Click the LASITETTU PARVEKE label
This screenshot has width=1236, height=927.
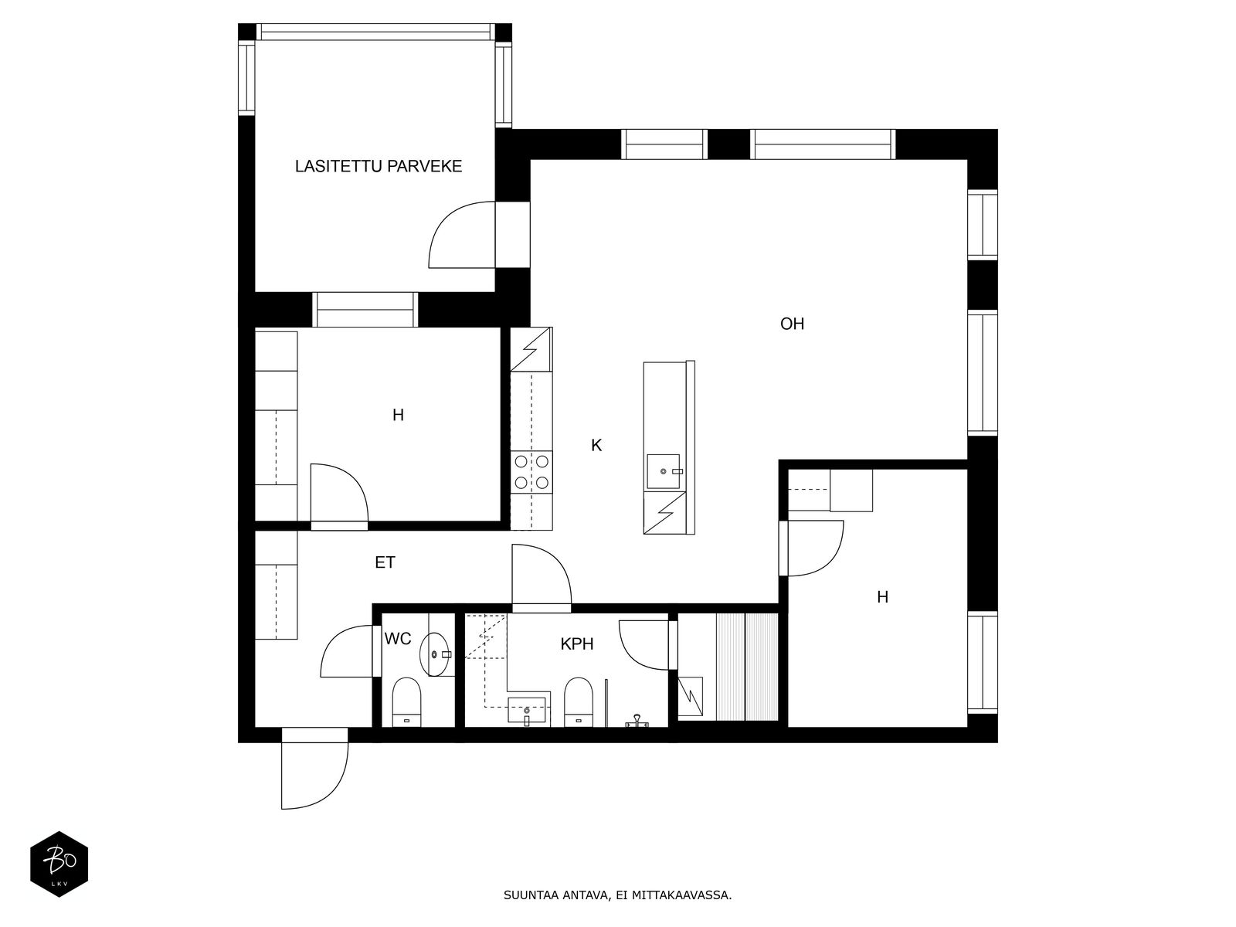point(379,166)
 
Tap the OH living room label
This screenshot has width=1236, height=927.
point(792,324)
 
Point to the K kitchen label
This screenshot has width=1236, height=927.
point(596,445)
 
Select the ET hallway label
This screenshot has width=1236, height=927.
point(385,562)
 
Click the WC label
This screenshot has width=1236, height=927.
point(398,638)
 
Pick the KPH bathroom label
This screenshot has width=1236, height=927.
point(576,644)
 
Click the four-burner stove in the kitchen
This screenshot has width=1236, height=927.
point(531,472)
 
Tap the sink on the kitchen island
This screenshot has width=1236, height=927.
point(664,471)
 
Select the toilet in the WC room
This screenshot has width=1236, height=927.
point(406,702)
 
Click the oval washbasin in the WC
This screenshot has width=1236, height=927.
point(434,654)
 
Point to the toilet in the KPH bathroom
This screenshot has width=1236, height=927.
point(579,702)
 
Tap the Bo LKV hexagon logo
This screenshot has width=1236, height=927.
point(59,864)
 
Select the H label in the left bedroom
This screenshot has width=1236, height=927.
point(398,416)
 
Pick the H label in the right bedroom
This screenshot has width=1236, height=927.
point(882,596)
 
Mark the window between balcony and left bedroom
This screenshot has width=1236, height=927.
point(365,310)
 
